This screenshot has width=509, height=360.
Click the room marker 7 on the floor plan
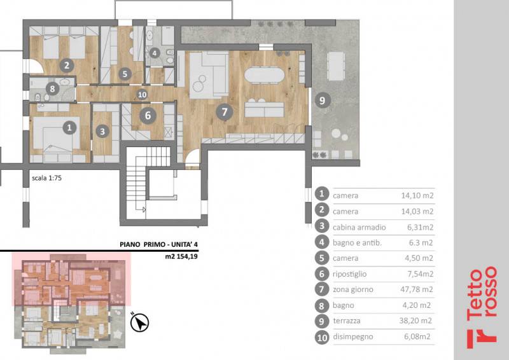(225, 113)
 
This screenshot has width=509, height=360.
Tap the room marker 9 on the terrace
(323, 100)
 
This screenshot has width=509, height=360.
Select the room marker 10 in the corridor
(142, 95)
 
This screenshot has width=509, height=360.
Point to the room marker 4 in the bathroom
(155, 53)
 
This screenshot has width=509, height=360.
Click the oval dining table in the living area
(264, 75)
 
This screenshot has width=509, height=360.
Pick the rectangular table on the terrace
(336, 66)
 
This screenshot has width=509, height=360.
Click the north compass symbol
(139, 322)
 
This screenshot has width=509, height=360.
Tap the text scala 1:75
(46, 178)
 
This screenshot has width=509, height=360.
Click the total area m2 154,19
(181, 256)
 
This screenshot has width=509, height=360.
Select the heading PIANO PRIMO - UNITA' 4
(158, 244)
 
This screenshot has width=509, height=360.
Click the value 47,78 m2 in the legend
(417, 289)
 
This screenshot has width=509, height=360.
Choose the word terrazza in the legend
(347, 321)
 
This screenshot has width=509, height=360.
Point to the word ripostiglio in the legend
(349, 274)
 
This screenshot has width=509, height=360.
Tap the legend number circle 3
(322, 226)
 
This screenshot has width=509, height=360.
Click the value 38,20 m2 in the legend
(415, 321)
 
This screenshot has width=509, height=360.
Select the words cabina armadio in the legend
(359, 227)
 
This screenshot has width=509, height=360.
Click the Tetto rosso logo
(482, 307)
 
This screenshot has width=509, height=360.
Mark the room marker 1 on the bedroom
(69, 128)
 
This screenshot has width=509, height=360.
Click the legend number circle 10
(322, 338)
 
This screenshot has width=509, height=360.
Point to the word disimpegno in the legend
(353, 336)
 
